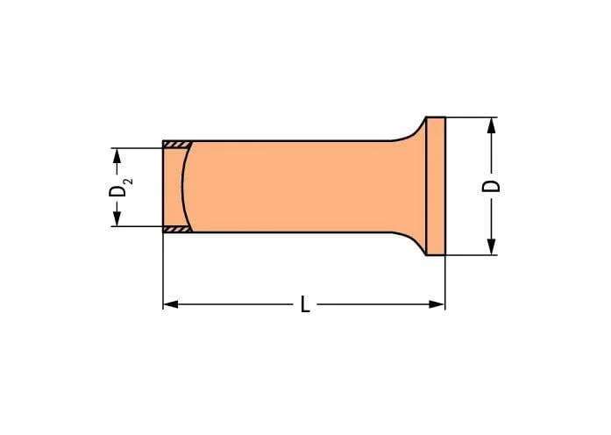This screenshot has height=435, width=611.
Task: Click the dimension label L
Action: pyautogui.click(x=305, y=304)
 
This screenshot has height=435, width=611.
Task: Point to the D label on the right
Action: pyautogui.click(x=491, y=186)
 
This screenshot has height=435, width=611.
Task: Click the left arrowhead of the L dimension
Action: pyautogui.click(x=171, y=304)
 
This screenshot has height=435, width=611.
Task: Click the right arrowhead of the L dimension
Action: pyautogui.click(x=437, y=304)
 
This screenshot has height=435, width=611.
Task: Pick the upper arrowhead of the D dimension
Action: pyautogui.click(x=492, y=125)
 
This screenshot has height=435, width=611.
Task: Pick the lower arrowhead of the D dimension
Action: pyautogui.click(x=492, y=246)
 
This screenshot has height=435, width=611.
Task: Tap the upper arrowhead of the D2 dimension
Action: pyautogui.click(x=117, y=156)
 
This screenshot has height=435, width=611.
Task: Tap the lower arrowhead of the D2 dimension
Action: pyautogui.click(x=117, y=218)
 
